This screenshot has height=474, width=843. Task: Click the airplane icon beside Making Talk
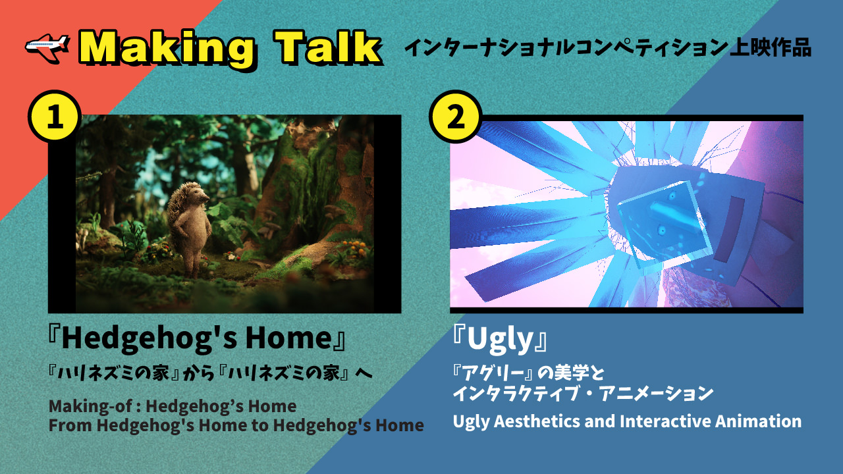47,46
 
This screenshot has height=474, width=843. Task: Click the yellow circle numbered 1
55,115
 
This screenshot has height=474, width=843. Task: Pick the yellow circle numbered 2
456,116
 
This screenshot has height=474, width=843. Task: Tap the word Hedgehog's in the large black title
150,338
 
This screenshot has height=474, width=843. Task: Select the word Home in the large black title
288,338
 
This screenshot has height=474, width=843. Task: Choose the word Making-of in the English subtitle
90,407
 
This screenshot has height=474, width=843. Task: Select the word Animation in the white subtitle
758,421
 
